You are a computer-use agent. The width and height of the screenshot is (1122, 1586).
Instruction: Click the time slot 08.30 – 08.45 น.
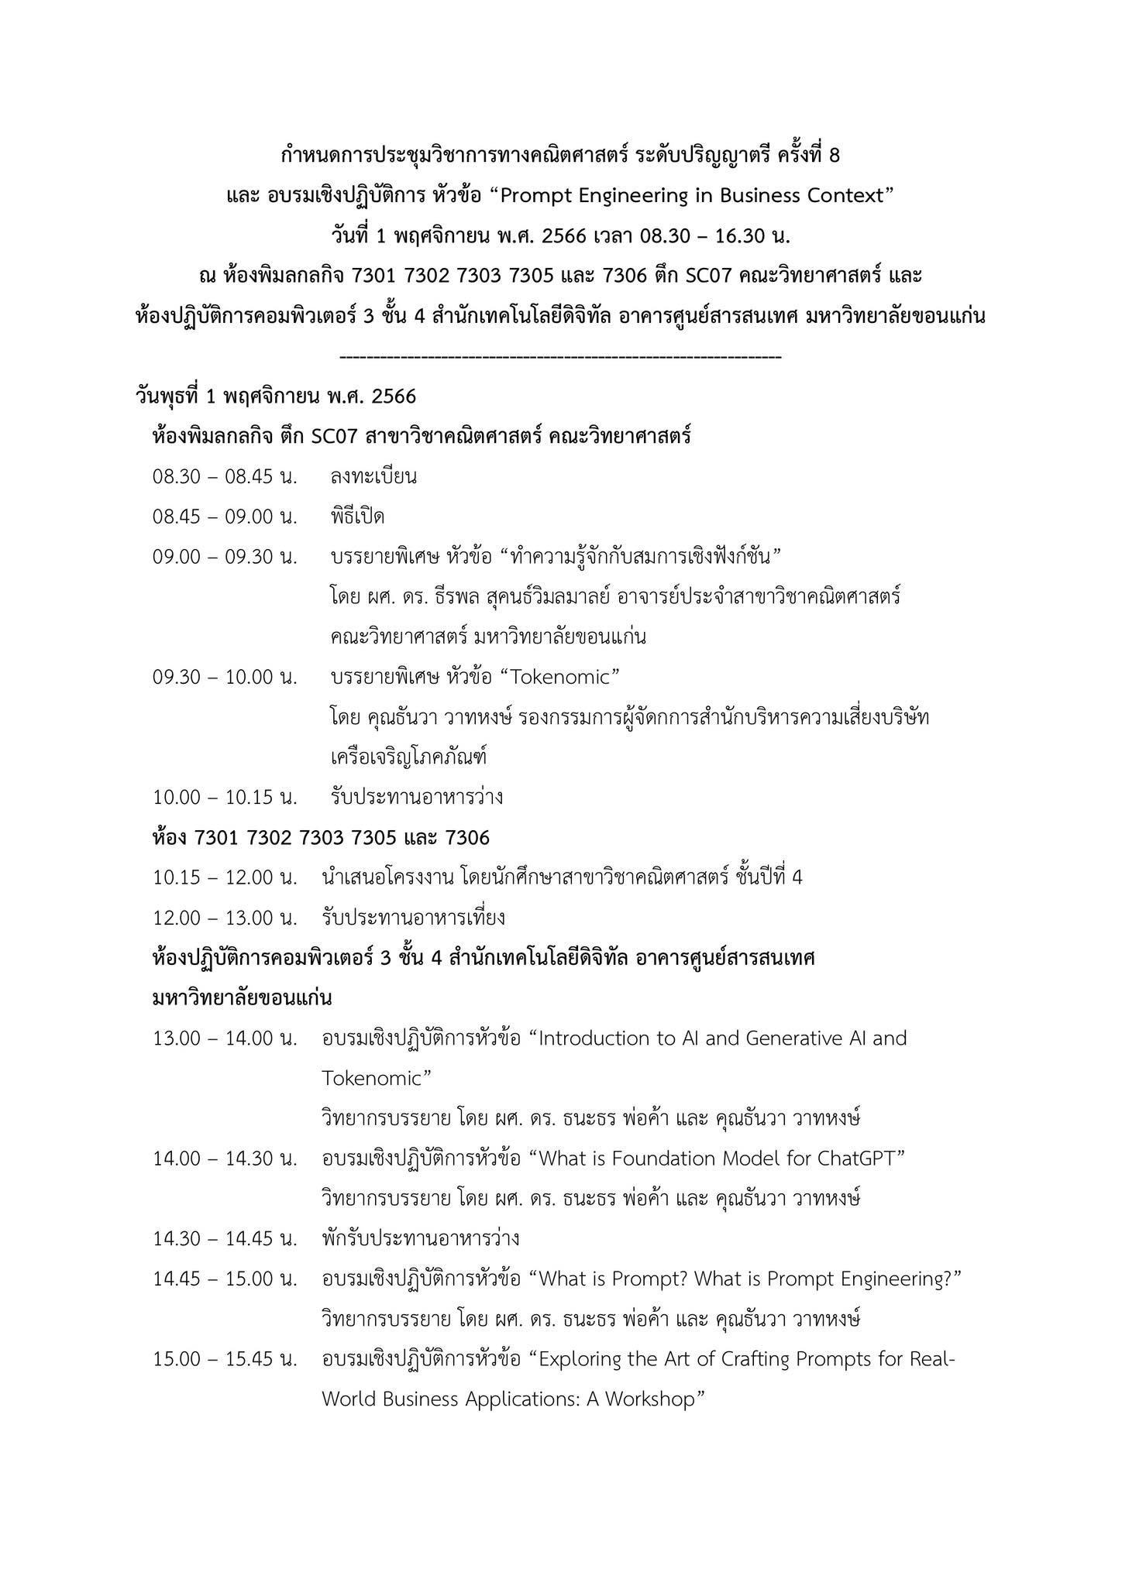(x=225, y=476)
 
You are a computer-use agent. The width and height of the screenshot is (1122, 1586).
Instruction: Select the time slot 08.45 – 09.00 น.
(x=225, y=517)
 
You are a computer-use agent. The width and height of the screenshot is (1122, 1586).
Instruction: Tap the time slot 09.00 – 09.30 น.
(x=225, y=557)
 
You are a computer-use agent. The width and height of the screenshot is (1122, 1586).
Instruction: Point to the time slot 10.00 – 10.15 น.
(x=225, y=797)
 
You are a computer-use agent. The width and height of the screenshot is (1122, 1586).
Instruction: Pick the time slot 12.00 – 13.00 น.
(x=225, y=918)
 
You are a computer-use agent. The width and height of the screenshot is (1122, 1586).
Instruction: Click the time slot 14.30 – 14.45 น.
(x=225, y=1238)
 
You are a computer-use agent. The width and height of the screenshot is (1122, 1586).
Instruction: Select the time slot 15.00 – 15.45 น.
(x=225, y=1359)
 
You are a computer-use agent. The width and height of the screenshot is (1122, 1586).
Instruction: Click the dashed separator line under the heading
(x=560, y=357)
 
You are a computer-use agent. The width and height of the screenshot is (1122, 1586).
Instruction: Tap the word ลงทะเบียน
(x=373, y=476)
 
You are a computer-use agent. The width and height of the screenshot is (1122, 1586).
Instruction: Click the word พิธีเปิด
(x=357, y=517)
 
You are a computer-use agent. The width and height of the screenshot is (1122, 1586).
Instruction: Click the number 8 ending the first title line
(x=834, y=156)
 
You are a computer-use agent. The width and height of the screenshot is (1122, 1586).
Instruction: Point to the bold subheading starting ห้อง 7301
(x=321, y=837)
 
